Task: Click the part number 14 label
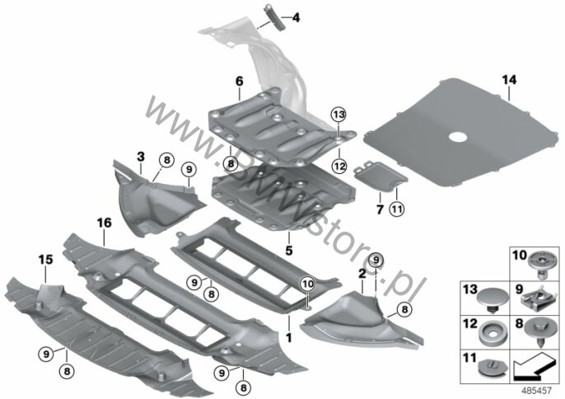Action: (x=510, y=80)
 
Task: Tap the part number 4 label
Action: (x=296, y=17)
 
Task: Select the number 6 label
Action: (x=240, y=81)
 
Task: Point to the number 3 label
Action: (x=141, y=157)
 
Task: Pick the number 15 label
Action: (x=46, y=259)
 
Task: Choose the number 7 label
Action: (x=380, y=209)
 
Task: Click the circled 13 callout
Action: (x=339, y=115)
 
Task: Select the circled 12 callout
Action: (x=339, y=167)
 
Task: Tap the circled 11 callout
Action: (x=397, y=209)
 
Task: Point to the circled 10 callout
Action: (x=308, y=284)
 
